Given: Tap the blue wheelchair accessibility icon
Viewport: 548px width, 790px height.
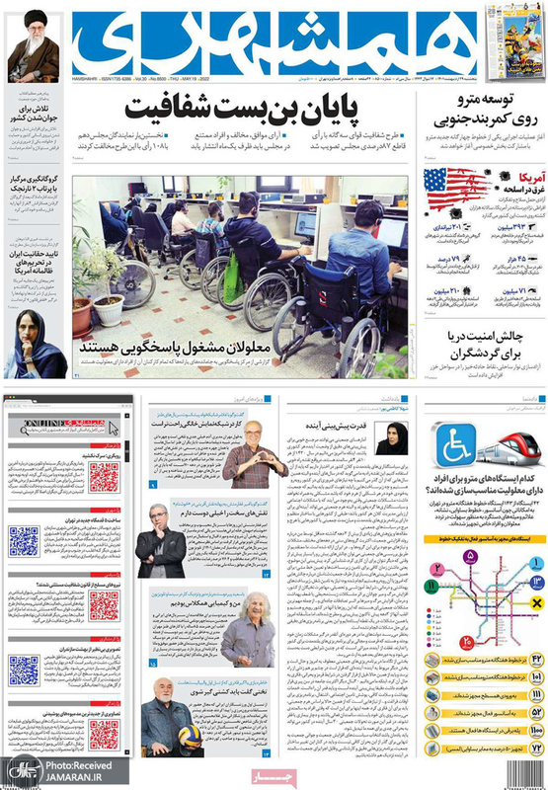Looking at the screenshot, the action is point(457,443).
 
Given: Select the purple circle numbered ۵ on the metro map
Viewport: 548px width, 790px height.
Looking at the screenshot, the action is point(472,558).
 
